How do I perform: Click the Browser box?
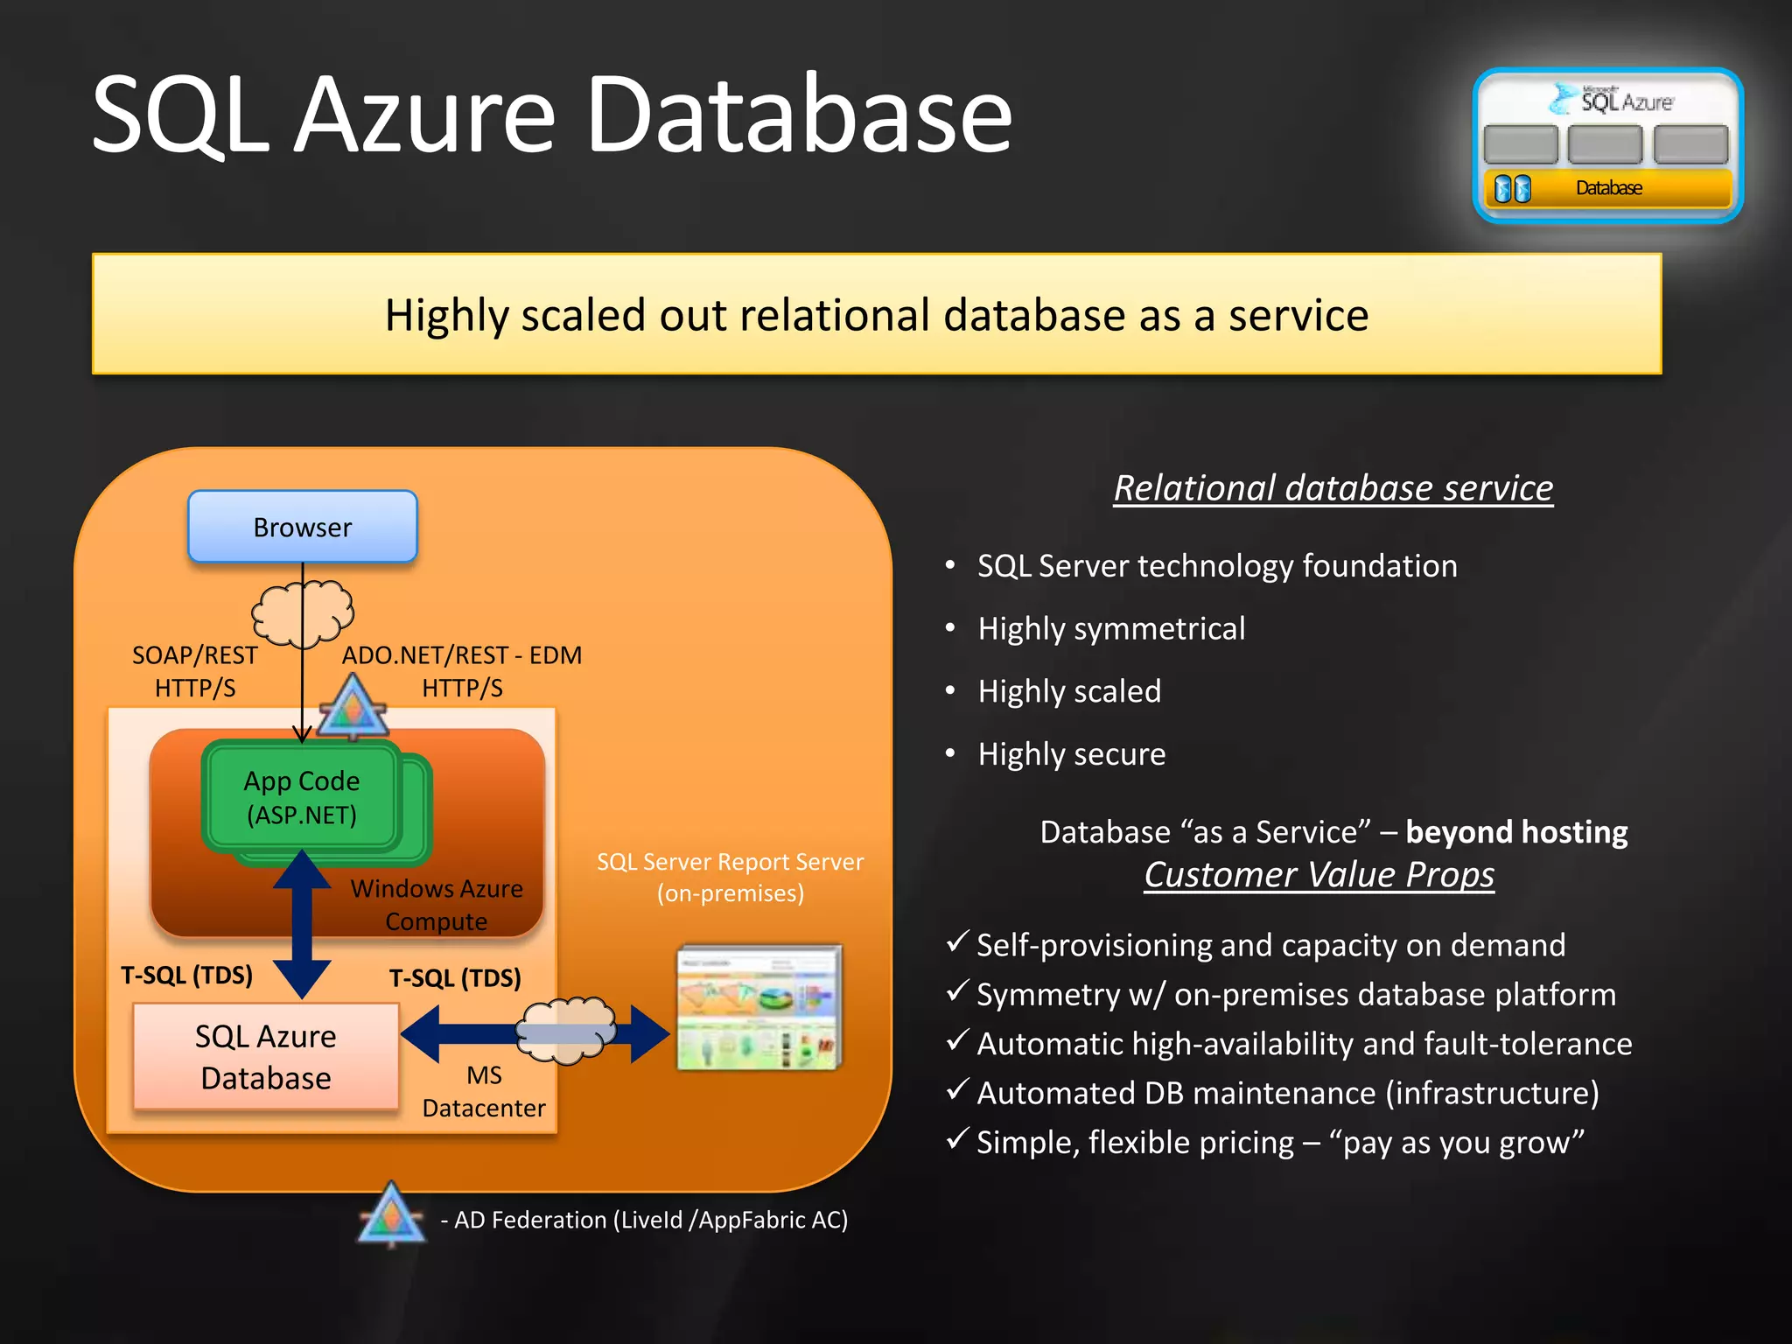302,527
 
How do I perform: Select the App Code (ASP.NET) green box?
301,797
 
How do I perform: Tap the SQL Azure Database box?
266,1057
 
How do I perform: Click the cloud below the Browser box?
302,613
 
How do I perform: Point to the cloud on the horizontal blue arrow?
566,1031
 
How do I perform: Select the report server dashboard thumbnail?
759,1007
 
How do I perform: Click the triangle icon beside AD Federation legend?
391,1215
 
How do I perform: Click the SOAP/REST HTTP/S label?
195,671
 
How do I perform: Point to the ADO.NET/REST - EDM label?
462,655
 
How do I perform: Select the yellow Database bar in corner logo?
1608,188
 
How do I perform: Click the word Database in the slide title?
798,115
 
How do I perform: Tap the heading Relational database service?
1333,488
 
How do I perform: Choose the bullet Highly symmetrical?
1111,628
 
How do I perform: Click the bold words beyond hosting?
1515,832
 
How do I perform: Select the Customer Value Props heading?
1319,875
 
